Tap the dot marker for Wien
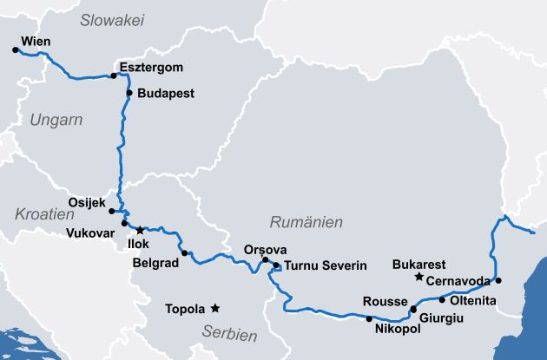pyautogui.click(x=16, y=50)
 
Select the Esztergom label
pyautogui.click(x=153, y=67)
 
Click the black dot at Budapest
pyautogui.click(x=129, y=93)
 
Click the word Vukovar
pyautogui.click(x=90, y=233)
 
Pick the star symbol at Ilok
pyautogui.click(x=140, y=230)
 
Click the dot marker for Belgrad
pyautogui.click(x=184, y=252)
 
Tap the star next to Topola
pyautogui.click(x=214, y=308)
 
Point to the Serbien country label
pyautogui.click(x=229, y=333)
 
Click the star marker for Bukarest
pyautogui.click(x=418, y=277)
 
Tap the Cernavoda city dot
pyautogui.click(x=498, y=280)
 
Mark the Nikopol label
pyautogui.click(x=397, y=330)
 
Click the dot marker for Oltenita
pyautogui.click(x=442, y=300)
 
